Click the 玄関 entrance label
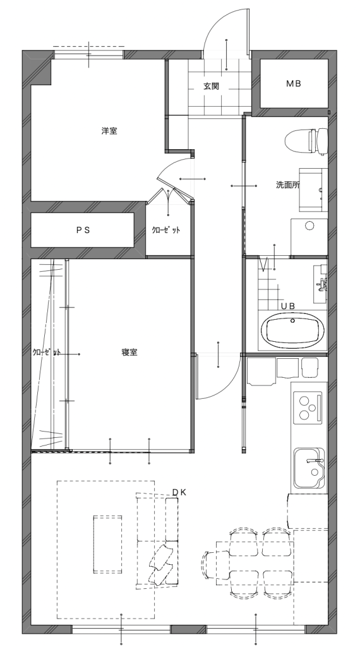pyautogui.click(x=211, y=86)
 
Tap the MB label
pyautogui.click(x=294, y=83)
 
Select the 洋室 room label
pyautogui.click(x=109, y=131)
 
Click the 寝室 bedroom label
pyautogui.click(x=129, y=353)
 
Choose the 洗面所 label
pyautogui.click(x=288, y=185)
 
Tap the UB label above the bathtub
pyautogui.click(x=288, y=306)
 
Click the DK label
pyautogui.click(x=179, y=492)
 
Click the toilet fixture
pyautogui.click(x=306, y=141)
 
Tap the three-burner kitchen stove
pyautogui.click(x=308, y=408)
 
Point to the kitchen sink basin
pyautogui.click(x=309, y=468)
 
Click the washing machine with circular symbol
pyautogui.click(x=309, y=237)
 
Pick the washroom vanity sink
pyautogui.click(x=313, y=190)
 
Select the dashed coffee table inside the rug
pyautogui.click(x=107, y=544)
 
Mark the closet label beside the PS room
pyautogui.click(x=166, y=230)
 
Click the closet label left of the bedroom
pyautogui.click(x=47, y=353)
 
